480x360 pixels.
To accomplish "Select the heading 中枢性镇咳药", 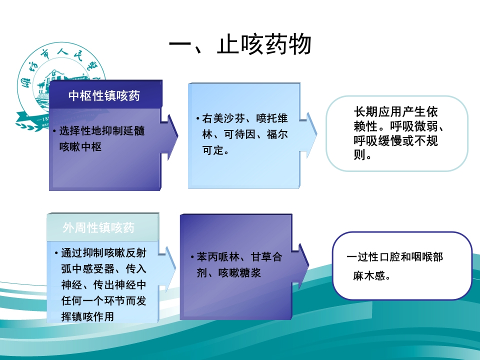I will [104, 96].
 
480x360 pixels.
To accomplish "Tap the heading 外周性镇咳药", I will [99, 228].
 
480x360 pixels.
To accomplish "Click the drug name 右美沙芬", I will [220, 118].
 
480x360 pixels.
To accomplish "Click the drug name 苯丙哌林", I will [215, 257].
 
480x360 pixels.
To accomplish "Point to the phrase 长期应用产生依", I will [395, 112].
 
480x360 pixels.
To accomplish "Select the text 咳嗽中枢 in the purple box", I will [80, 147].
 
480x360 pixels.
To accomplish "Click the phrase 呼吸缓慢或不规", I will [395, 141].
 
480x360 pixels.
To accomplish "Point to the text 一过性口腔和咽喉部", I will [395, 257].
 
